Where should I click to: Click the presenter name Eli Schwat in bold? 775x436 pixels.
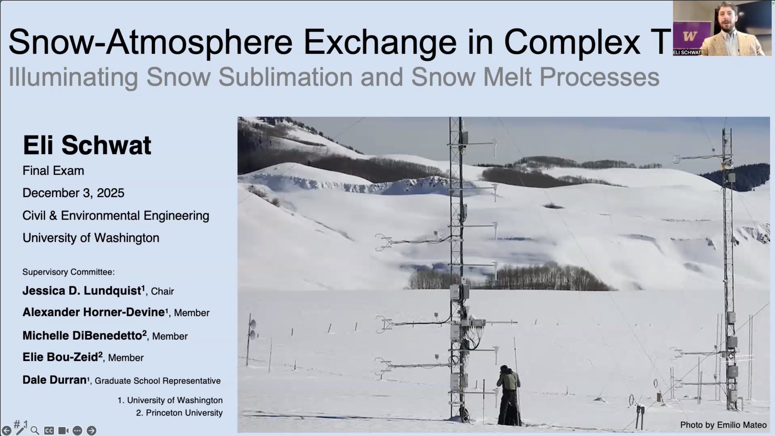pyautogui.click(x=87, y=145)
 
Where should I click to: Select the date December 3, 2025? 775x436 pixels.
pyautogui.click(x=74, y=193)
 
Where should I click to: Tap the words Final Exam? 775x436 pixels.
pyautogui.click(x=53, y=171)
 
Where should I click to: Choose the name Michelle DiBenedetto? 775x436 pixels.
pyautogui.click(x=85, y=335)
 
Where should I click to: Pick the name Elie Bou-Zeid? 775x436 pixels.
pyautogui.click(x=63, y=357)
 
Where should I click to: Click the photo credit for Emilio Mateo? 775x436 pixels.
pyautogui.click(x=724, y=425)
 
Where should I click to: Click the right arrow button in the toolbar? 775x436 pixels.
pyautogui.click(x=91, y=430)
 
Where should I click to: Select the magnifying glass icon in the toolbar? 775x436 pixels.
pyautogui.click(x=35, y=431)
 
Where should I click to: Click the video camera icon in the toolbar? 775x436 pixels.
pyautogui.click(x=63, y=431)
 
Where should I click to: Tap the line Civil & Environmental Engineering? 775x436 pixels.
pyautogui.click(x=116, y=215)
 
